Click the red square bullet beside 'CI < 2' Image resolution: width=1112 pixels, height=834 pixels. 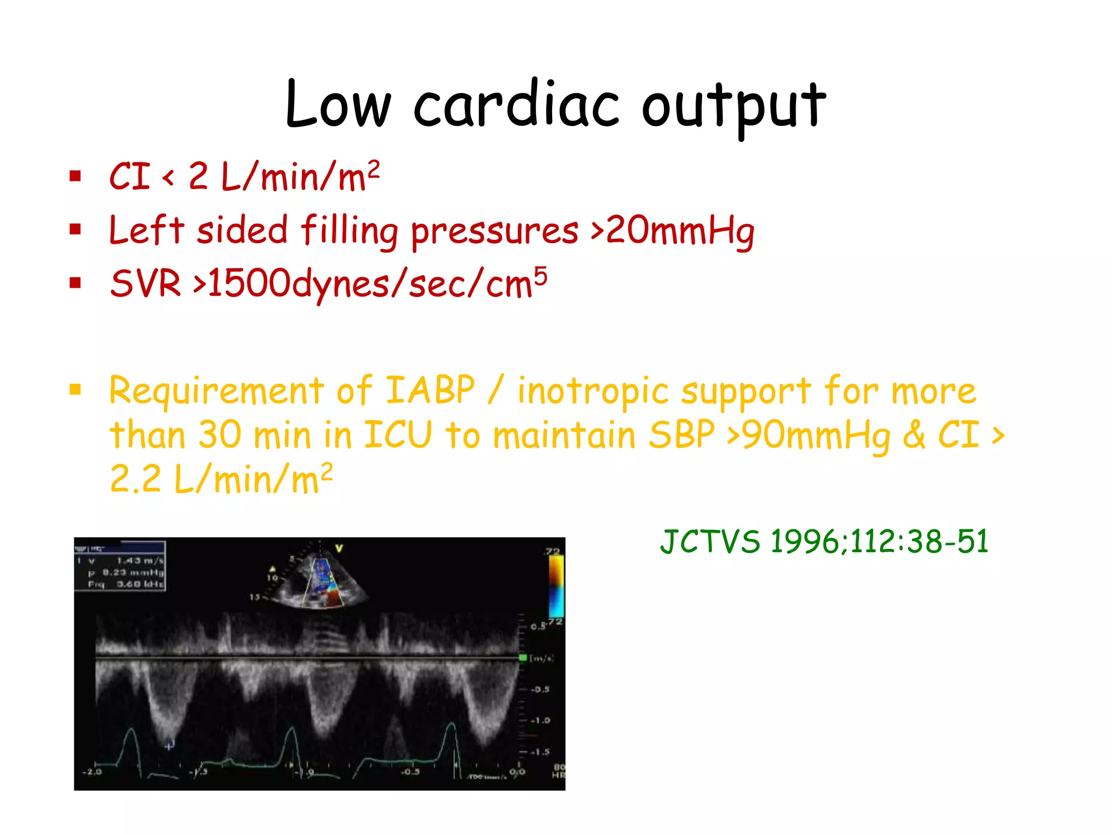point(75,176)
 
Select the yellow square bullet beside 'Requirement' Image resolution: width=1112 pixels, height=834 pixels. point(75,389)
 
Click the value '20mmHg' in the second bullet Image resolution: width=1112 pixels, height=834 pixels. point(680,231)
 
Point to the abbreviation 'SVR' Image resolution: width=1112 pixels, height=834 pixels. point(145,283)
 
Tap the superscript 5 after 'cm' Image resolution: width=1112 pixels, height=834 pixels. point(540,276)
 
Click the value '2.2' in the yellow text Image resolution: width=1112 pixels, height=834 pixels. point(135,479)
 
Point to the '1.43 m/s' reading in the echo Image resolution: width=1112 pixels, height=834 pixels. point(140,560)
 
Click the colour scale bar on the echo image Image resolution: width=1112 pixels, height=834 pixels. point(556,586)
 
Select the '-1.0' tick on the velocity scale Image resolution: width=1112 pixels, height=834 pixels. point(540,721)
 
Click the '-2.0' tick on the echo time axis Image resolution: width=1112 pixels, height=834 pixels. point(91,772)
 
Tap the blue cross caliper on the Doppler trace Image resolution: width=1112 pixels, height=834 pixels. point(169,745)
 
